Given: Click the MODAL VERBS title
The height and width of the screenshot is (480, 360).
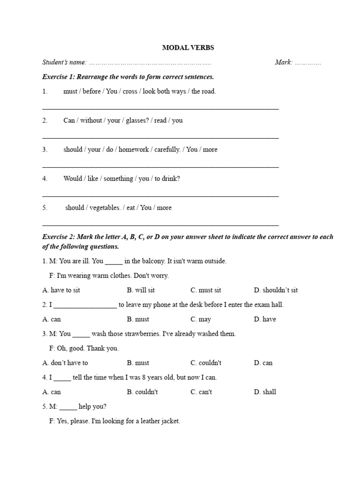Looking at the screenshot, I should point(187,48).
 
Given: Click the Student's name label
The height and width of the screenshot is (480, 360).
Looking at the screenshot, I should point(64,62).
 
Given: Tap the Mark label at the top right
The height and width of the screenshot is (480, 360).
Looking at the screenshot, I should point(284,62).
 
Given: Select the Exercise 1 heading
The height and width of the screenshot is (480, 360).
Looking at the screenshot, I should point(128,77).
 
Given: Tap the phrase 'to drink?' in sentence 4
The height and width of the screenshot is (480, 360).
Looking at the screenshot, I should point(167,179).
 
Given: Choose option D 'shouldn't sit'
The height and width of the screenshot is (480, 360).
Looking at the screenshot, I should point(276,290).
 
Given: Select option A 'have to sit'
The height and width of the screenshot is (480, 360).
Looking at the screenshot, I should point(61,290).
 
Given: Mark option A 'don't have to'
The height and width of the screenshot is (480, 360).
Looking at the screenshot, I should point(65,363).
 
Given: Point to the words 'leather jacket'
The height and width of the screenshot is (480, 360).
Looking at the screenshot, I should point(159,421).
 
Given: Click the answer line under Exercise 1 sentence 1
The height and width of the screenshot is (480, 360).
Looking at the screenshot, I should point(160,108).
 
